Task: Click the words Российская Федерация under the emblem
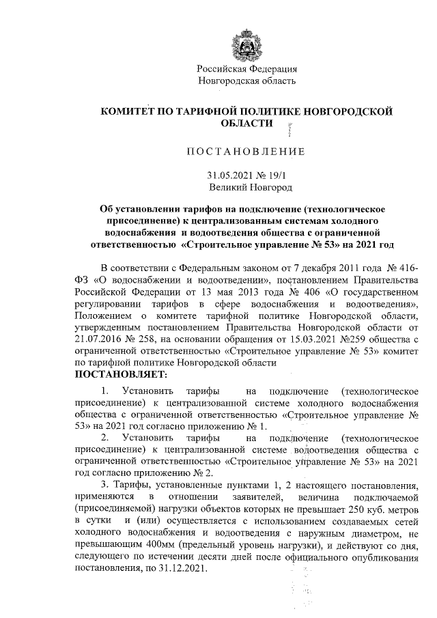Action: coord(246,69)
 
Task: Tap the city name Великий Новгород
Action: coord(251,186)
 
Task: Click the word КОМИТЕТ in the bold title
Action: coord(129,111)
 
